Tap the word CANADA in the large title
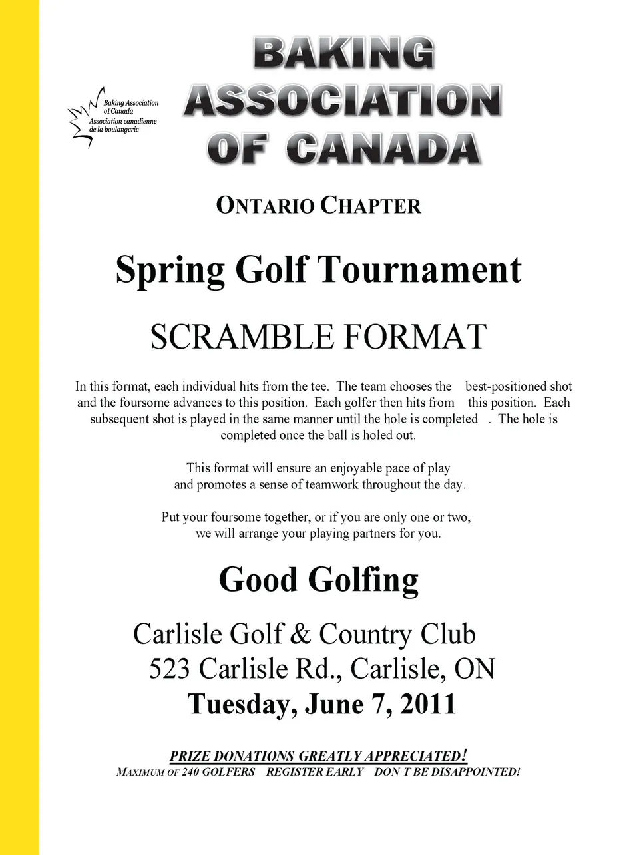[384, 149]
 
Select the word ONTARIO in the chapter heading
[265, 205]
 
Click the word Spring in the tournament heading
[170, 271]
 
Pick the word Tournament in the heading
[419, 269]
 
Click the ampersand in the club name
[301, 635]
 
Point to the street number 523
[169, 669]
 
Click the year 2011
[427, 704]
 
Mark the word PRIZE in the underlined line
[190, 756]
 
